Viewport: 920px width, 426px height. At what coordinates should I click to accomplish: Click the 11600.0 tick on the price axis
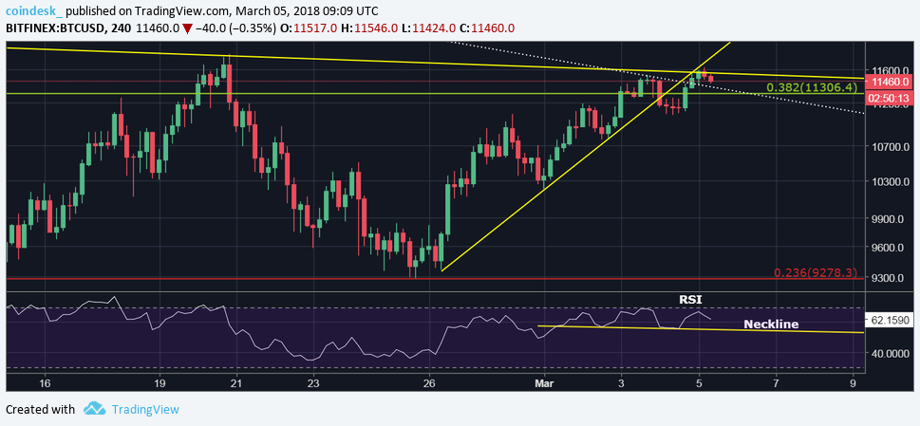(891, 70)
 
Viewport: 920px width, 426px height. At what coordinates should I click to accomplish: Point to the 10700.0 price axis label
(891, 147)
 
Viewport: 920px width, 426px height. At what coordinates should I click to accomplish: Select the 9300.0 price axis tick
(891, 278)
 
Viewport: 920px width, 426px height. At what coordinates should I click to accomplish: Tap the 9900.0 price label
(891, 219)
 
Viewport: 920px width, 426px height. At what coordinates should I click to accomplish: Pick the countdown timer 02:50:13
(890, 97)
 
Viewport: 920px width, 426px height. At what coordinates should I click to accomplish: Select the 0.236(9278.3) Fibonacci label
(817, 272)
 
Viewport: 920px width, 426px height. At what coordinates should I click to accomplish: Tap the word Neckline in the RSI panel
(770, 324)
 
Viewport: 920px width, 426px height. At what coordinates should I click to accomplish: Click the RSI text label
(690, 300)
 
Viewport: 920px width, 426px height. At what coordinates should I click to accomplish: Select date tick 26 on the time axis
(429, 382)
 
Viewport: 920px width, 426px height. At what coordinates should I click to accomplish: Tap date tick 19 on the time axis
(160, 382)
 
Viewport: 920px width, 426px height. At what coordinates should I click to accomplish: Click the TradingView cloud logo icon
(93, 409)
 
